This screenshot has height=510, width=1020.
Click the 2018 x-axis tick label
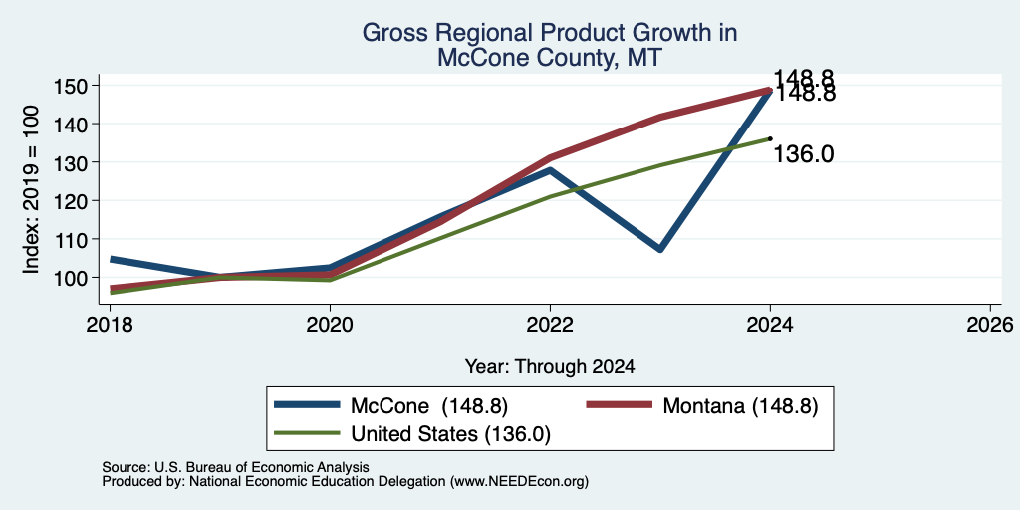tap(110, 324)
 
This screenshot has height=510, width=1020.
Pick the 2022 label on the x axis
tap(550, 324)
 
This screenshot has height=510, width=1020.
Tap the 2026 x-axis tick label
tap(990, 324)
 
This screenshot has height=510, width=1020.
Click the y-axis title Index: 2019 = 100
tap(31, 189)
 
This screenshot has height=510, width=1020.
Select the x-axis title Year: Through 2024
tap(550, 367)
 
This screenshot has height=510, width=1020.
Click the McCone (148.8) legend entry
tap(390, 406)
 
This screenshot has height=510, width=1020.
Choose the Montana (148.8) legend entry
tap(702, 406)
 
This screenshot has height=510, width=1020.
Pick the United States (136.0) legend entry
tap(412, 434)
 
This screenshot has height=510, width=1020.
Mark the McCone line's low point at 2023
tap(660, 249)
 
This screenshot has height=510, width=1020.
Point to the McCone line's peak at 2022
tap(550, 170)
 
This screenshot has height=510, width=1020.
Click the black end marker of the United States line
tap(770, 138)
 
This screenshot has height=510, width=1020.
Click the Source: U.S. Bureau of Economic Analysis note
tap(235, 467)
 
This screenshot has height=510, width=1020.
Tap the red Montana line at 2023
tap(660, 118)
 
